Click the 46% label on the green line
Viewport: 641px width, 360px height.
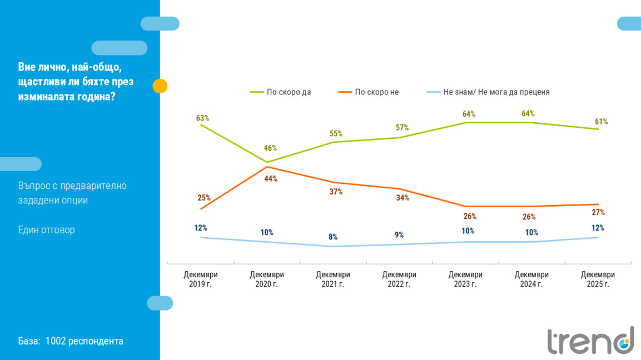[270, 148]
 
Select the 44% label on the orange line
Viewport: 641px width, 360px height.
[271, 179]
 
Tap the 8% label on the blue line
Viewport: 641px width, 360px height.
[333, 237]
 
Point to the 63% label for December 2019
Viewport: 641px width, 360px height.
[202, 118]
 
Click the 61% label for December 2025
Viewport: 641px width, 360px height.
[601, 122]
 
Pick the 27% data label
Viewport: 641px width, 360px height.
[598, 212]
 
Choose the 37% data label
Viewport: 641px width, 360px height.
[336, 192]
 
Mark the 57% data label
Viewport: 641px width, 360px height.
[402, 128]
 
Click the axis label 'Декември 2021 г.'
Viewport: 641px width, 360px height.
[333, 279]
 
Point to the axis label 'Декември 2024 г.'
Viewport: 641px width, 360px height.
[531, 279]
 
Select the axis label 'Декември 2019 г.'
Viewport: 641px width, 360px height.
[201, 279]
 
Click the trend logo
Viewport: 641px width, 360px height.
[590, 341]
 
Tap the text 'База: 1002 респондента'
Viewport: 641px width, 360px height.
[71, 341]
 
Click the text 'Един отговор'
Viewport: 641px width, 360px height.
[46, 230]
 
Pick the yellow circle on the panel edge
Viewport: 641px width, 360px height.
[160, 86]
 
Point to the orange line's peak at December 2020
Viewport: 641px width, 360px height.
[267, 166]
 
